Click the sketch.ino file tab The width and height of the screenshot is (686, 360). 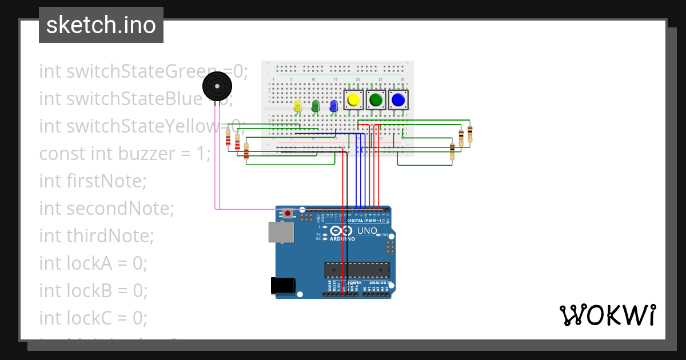pyautogui.click(x=101, y=25)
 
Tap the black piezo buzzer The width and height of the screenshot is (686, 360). pyautogui.click(x=217, y=87)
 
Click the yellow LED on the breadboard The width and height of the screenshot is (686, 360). pyautogui.click(x=297, y=106)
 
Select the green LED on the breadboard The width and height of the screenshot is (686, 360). pyautogui.click(x=315, y=106)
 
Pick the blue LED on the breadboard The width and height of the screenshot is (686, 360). pyautogui.click(x=333, y=106)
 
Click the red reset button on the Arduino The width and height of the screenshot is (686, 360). pyautogui.click(x=288, y=213)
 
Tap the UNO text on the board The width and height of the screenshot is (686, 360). pyautogui.click(x=367, y=231)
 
